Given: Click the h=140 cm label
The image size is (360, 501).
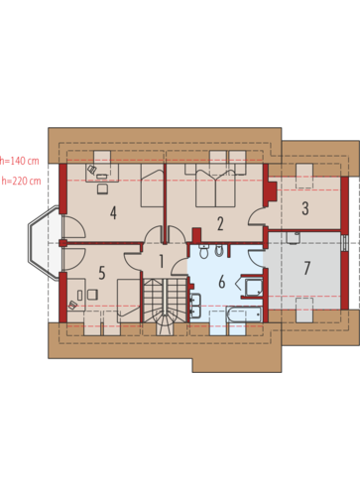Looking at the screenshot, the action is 20,161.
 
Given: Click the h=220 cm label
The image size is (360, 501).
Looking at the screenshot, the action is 21,181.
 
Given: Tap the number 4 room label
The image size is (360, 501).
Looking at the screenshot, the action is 113,213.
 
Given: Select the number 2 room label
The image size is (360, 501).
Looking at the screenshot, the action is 220,223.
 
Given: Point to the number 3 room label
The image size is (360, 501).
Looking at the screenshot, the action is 305,208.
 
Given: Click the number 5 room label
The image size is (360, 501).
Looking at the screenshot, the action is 102,273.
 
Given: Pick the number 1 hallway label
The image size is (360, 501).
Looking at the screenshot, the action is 162,261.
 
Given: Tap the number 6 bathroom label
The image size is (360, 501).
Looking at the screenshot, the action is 222,282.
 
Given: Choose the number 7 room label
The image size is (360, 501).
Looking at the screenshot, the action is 306,268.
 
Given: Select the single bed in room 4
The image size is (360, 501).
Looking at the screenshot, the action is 153,186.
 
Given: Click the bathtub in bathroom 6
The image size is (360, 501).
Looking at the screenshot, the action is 244,314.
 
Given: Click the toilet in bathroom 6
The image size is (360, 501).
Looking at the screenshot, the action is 203,252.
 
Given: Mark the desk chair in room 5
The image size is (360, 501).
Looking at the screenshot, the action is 92,295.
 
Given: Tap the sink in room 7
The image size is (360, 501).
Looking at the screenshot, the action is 293,238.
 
